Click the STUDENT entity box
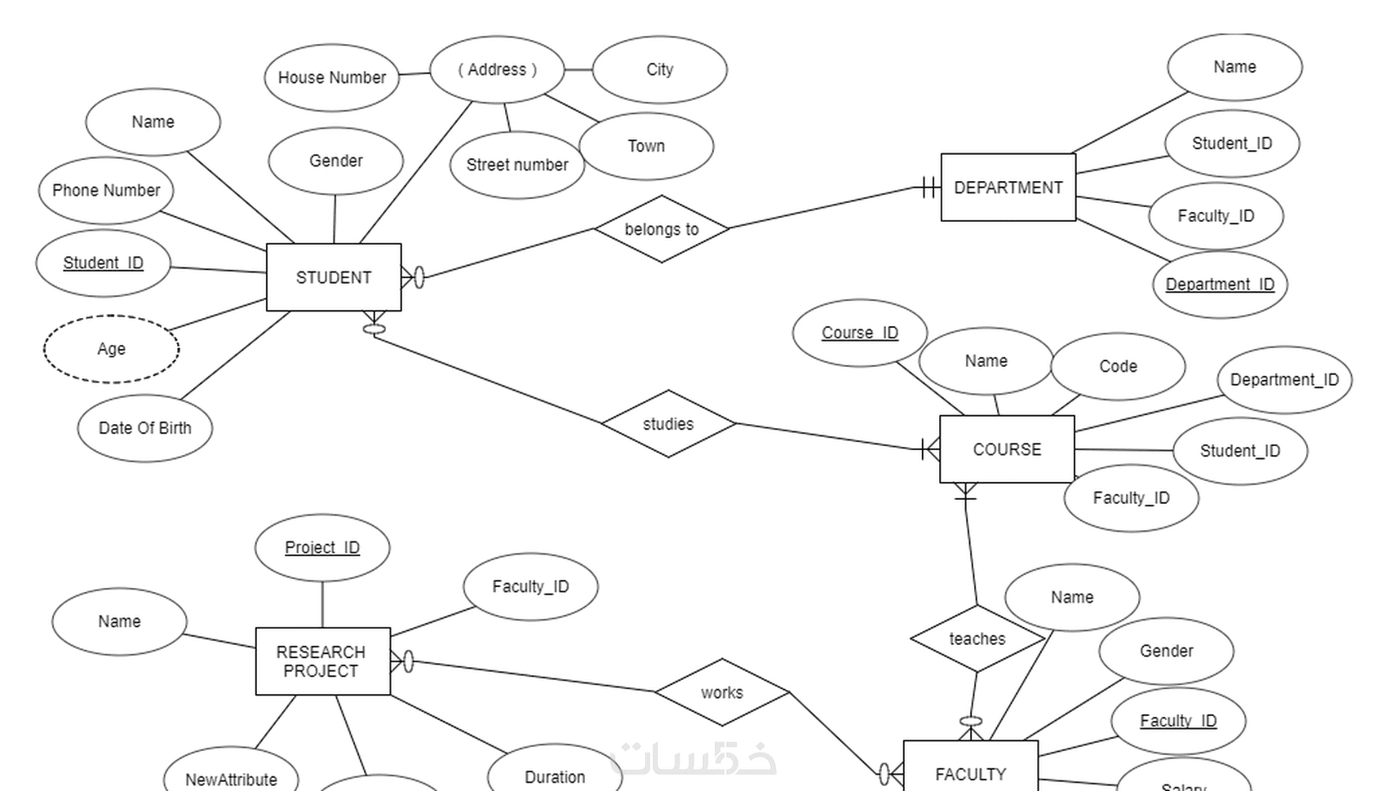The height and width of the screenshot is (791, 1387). coord(334,277)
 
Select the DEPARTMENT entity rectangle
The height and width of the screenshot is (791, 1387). coord(1008,188)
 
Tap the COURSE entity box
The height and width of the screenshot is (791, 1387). coord(1007,449)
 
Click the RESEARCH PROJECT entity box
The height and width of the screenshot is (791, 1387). coord(322,661)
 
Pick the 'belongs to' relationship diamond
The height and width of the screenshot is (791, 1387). coord(662,229)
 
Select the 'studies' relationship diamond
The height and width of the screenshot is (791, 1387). coord(668,424)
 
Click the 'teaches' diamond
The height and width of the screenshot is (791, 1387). coord(977,639)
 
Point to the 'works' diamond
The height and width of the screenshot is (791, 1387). coord(722,692)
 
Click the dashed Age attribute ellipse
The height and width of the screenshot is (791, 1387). coord(111,349)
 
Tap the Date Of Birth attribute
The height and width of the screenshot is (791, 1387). coord(145,428)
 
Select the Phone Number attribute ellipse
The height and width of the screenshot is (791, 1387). coord(106,191)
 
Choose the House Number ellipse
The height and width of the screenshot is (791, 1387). coord(331,77)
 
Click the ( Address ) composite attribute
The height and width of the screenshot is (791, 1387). coord(497,70)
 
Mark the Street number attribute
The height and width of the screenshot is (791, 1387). coord(516,165)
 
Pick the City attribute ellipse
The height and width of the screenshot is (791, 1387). coord(659,70)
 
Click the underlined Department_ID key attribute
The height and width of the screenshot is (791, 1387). coord(1220,285)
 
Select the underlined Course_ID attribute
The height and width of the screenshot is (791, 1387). coord(859,333)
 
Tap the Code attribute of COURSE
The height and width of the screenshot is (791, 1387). coord(1118,366)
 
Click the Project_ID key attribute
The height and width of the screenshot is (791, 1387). coord(322,547)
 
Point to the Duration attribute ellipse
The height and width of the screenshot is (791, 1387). coord(555,776)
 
